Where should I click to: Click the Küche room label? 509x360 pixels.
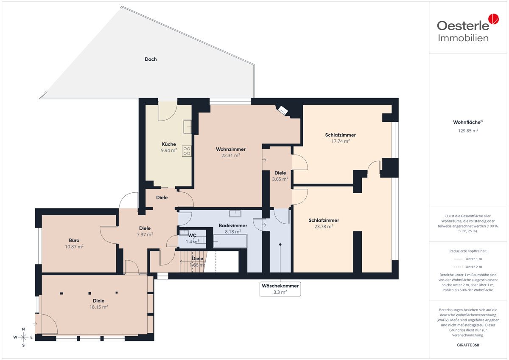(169, 144)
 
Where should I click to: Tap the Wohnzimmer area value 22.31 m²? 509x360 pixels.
(231, 155)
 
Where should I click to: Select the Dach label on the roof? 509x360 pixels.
(151, 59)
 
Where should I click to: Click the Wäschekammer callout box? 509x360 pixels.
(280, 289)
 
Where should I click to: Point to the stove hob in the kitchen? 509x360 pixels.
(187, 151)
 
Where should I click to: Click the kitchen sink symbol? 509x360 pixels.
(187, 127)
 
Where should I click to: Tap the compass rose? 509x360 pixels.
(23, 337)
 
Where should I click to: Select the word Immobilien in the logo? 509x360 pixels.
(463, 38)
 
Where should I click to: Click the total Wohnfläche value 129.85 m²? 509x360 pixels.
(468, 131)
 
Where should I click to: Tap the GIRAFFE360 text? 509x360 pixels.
(468, 345)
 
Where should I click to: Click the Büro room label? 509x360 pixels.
(74, 240)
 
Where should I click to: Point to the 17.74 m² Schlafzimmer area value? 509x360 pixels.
(340, 141)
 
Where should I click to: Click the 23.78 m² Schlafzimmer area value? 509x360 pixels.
(324, 227)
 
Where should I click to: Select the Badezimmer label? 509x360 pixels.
(233, 225)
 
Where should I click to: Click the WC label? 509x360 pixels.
(192, 235)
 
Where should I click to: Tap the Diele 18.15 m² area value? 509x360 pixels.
(98, 307)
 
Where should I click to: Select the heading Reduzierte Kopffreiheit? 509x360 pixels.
(468, 251)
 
